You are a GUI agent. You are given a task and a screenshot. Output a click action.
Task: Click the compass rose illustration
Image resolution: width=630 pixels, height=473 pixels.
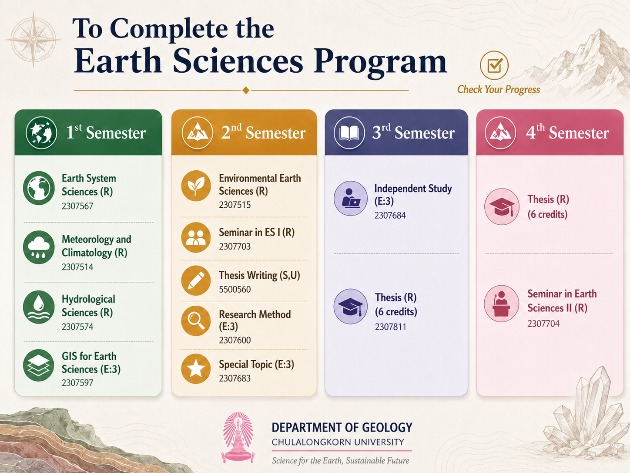coord(34,40)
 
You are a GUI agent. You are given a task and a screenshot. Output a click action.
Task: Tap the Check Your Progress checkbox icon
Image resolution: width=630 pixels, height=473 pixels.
coord(494,65)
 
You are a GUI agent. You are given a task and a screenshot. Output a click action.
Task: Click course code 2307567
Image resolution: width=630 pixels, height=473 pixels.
coord(77,206)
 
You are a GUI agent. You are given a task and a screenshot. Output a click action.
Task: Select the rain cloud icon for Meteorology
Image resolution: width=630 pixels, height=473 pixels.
coord(39,247)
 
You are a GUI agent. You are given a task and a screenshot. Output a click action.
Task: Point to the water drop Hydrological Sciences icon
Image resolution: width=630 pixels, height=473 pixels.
coord(39,307)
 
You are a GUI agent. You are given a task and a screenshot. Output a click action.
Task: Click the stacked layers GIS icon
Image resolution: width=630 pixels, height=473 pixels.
coord(39,365)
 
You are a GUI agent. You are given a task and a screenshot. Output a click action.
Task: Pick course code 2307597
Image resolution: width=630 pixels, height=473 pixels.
coord(77,382)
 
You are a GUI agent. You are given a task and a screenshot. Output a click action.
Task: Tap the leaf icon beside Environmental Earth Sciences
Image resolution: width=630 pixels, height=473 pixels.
coord(196,186)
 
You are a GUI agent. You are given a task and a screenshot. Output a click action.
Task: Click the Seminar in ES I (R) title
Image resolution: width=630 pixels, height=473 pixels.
coord(257,232)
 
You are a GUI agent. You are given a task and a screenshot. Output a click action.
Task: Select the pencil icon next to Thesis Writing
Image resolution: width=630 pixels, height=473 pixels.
coord(196,280)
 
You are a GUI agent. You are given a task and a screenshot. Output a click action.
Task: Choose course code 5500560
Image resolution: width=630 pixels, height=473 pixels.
coord(235,289)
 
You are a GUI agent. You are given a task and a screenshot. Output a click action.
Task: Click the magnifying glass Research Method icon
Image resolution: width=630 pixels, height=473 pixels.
coord(196,321)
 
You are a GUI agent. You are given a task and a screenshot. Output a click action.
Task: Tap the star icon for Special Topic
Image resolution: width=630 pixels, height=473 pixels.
coord(196,369)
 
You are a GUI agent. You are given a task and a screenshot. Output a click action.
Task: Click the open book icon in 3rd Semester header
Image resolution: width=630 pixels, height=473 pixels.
coord(349,133)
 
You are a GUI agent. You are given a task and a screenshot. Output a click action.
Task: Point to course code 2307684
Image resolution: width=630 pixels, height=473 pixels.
coord(390,215)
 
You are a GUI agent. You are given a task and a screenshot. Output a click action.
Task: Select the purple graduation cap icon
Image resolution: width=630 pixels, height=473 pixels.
coord(350,307)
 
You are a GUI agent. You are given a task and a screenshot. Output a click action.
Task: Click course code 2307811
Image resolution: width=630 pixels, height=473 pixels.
coord(391,327)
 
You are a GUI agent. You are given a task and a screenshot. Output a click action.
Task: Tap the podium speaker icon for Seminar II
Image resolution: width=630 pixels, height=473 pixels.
coord(501,304)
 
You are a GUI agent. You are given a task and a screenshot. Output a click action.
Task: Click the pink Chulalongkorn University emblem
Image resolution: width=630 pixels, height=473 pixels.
coord(238,437)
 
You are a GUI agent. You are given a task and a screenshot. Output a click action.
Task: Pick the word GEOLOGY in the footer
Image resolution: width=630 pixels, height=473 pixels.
coord(387,428)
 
